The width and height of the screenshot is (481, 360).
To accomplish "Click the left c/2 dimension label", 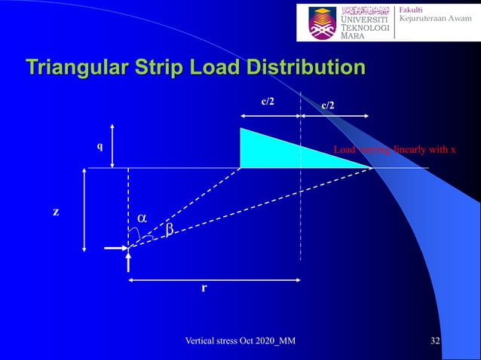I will tap(268, 100).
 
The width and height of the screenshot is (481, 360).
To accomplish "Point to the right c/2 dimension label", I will tap(329, 106).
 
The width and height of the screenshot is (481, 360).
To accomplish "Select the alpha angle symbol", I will tap(141, 218).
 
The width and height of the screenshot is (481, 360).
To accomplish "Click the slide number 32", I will tap(435, 342).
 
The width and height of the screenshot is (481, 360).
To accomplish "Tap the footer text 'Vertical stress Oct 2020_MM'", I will tap(240, 342).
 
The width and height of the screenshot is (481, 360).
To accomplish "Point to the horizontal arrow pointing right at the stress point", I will tap(115, 247).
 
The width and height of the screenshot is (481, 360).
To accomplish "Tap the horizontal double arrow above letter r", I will tap(215, 280).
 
